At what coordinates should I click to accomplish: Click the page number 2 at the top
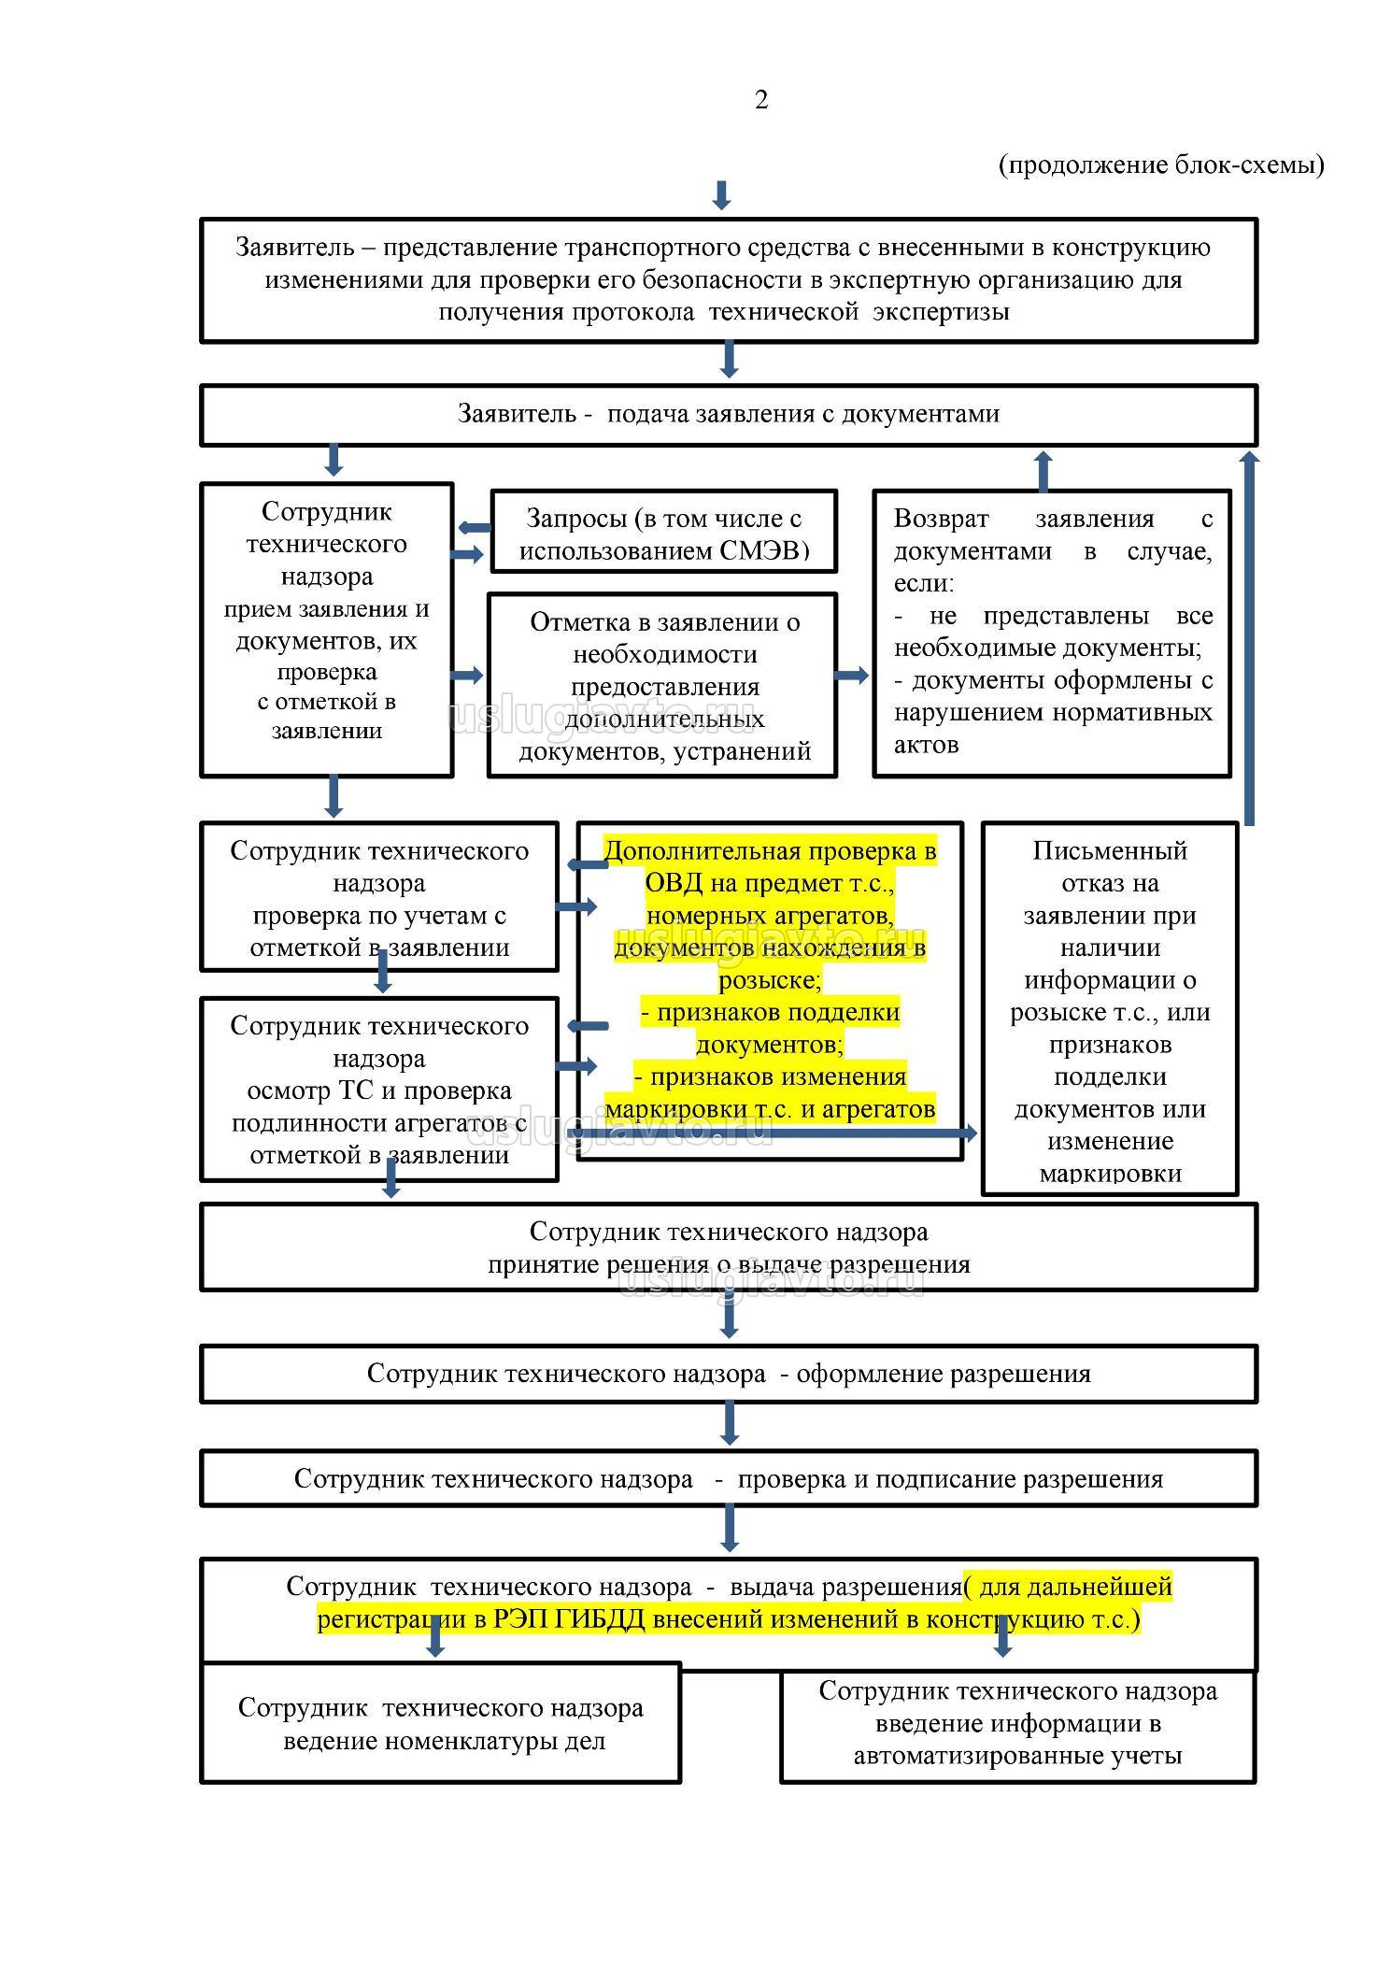point(760,100)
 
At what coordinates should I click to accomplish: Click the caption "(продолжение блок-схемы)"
point(1161,165)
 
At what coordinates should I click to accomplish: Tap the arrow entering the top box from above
point(720,195)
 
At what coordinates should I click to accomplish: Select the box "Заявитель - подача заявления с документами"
point(728,414)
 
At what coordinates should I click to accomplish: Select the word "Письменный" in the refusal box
point(1109,850)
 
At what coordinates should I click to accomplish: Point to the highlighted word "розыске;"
point(770,979)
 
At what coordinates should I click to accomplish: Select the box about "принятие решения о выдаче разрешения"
point(728,1247)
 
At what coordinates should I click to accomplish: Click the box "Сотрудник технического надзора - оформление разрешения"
point(728,1374)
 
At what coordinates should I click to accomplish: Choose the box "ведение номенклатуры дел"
point(440,1724)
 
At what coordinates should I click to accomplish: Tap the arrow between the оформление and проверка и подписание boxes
point(730,1424)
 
